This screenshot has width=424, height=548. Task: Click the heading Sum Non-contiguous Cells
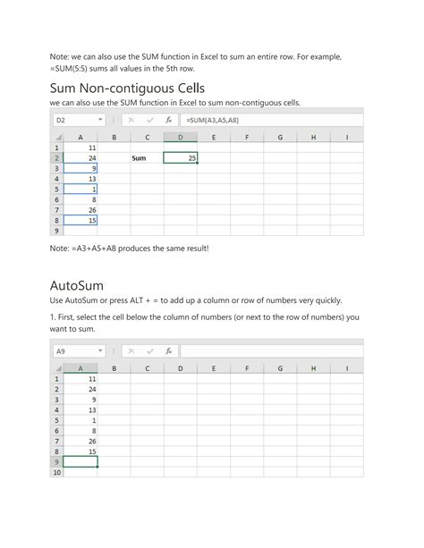127,88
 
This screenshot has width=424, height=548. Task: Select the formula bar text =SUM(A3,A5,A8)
212,120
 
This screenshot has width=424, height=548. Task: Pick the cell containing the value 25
180,158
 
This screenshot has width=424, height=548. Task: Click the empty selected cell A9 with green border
81,462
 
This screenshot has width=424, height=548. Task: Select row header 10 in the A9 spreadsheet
56,473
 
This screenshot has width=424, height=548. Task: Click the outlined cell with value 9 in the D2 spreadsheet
81,168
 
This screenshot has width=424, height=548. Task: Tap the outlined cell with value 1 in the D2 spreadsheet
81,189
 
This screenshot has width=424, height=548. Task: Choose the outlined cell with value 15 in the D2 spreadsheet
81,220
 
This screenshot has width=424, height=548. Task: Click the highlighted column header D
180,138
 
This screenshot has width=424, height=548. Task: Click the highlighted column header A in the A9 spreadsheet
81,367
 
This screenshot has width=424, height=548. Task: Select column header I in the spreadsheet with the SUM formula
346,138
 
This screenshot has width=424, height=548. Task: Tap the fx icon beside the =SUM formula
169,120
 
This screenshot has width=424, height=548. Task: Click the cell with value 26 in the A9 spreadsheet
81,442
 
